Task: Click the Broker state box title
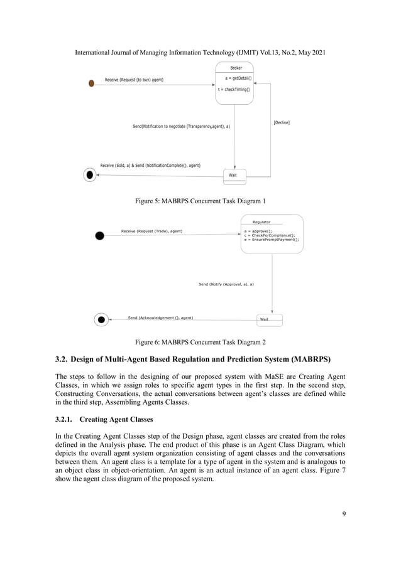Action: (x=236, y=67)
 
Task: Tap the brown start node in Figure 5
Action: (x=91, y=83)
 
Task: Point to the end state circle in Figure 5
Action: (x=91, y=175)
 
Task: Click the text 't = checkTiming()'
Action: (x=234, y=89)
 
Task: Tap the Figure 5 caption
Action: (x=200, y=201)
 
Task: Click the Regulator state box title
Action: (x=261, y=222)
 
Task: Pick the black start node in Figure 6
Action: (x=99, y=235)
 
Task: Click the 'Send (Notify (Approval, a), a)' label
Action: (x=226, y=284)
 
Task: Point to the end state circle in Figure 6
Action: (x=101, y=320)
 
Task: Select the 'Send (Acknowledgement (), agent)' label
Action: (x=160, y=318)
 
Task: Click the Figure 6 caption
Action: (x=200, y=342)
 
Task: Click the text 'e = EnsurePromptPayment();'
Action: (x=272, y=240)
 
